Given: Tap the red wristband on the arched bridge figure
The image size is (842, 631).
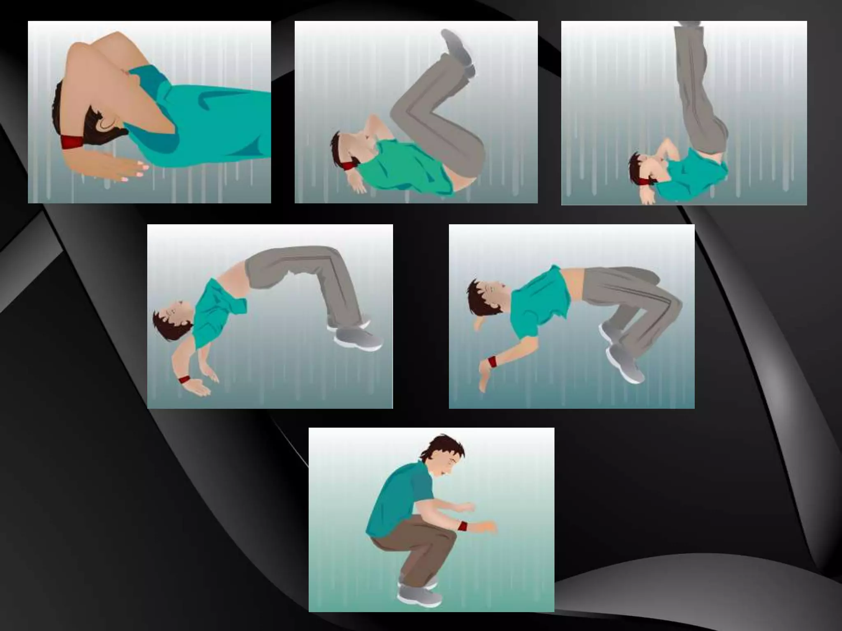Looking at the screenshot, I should [x=185, y=379].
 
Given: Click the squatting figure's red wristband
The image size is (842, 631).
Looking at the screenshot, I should [x=463, y=526].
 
